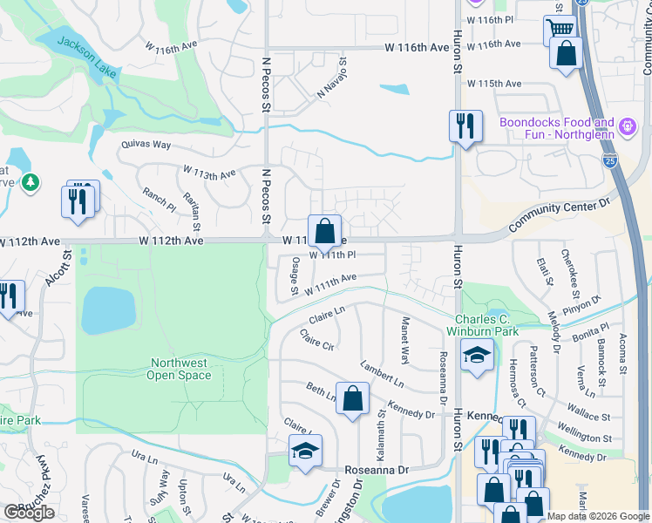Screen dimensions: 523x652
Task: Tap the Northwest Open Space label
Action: (180, 369)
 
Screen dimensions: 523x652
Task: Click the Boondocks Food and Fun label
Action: (557, 128)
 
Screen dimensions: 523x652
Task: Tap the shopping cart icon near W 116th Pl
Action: (560, 30)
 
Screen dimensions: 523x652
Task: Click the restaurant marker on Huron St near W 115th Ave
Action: (465, 126)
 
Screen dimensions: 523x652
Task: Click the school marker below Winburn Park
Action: (477, 355)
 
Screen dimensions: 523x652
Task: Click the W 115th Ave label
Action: (493, 84)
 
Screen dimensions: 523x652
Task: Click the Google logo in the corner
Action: (29, 513)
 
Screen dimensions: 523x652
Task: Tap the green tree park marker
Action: (31, 182)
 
